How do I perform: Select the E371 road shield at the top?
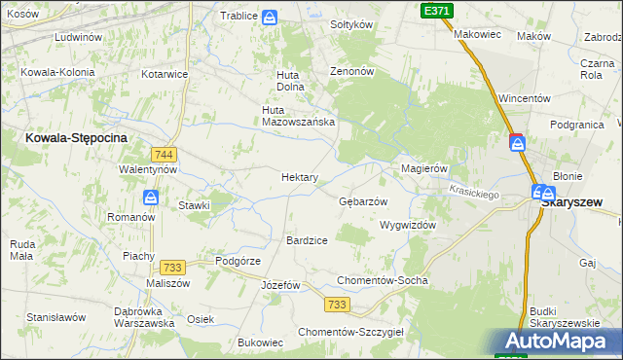point(435,10)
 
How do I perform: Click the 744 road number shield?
point(164,155)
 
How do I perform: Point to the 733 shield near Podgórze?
point(173,268)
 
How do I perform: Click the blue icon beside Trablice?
point(270,17)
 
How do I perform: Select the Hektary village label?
point(300,177)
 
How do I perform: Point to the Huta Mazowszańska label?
point(299,116)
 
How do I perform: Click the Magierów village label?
point(424,168)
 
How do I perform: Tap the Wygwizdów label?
point(407,225)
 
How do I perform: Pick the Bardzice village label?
point(307,239)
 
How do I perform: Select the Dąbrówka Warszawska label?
point(143,317)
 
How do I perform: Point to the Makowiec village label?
point(477,34)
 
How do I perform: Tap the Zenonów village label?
point(351,72)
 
